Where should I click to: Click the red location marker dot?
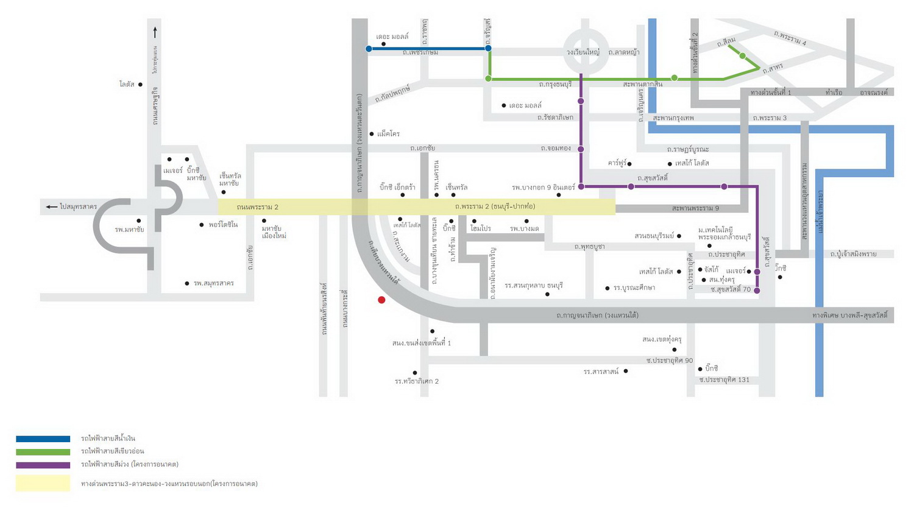click(x=381, y=300)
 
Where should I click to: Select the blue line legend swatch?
click(x=43, y=439)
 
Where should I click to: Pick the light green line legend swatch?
click(x=43, y=452)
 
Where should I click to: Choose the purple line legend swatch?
click(x=43, y=465)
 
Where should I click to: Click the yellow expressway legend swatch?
click(x=43, y=483)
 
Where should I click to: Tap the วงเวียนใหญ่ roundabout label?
click(x=583, y=52)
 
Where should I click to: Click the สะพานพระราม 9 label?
click(x=695, y=208)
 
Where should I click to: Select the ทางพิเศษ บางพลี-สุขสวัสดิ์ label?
click(x=850, y=316)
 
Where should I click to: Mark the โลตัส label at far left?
click(x=127, y=85)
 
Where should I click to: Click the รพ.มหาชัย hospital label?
click(x=129, y=230)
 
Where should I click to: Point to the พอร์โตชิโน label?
click(x=223, y=225)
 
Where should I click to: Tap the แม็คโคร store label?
click(x=388, y=133)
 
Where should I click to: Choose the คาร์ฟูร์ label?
click(x=617, y=163)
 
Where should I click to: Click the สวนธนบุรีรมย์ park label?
click(x=654, y=236)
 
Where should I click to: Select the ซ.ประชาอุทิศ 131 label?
click(x=724, y=379)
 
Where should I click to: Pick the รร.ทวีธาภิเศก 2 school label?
click(x=417, y=381)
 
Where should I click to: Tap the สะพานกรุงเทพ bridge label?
click(x=673, y=118)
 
